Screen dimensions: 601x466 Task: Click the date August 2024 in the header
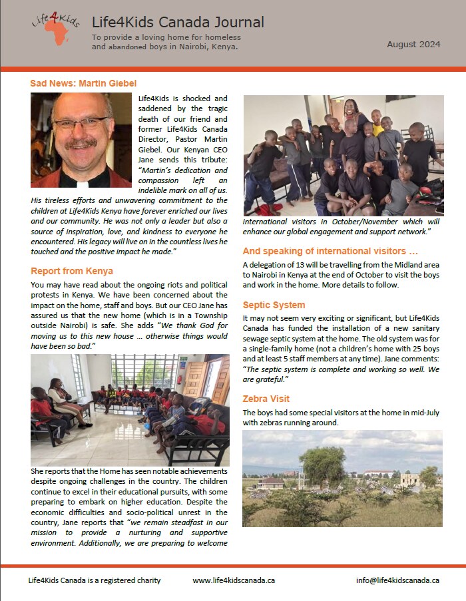(x=413, y=45)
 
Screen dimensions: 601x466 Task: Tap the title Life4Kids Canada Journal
(x=178, y=23)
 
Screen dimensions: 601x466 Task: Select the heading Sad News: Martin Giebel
(x=83, y=83)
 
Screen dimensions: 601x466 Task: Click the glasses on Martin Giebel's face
(x=81, y=124)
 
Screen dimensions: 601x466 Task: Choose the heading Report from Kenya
(x=71, y=271)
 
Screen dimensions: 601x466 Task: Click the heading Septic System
(x=274, y=305)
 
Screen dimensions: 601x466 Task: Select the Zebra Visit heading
(x=266, y=399)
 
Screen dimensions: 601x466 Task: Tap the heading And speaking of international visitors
(x=339, y=251)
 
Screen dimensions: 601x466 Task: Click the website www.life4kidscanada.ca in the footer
(x=234, y=580)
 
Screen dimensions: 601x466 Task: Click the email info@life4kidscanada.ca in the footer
(x=397, y=580)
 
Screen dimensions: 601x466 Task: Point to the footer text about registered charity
(x=95, y=580)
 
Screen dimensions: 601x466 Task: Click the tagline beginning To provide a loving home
(x=166, y=42)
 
